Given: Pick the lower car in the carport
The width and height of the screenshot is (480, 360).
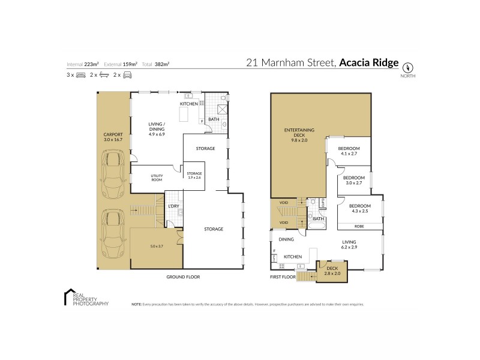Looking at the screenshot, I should click(x=113, y=235).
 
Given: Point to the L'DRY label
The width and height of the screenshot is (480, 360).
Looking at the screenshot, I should click(x=174, y=206).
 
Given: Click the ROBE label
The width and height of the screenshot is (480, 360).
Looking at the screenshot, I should click(x=359, y=226).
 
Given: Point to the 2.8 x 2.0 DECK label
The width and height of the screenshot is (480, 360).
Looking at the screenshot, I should click(x=332, y=271).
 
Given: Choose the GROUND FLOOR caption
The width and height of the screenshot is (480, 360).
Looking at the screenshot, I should click(x=183, y=277).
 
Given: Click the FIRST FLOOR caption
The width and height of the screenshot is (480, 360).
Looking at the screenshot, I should click(x=284, y=278).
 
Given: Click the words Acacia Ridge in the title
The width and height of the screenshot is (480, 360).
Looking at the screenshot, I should click(x=368, y=62).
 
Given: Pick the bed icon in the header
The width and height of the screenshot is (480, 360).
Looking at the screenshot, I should click(x=81, y=76).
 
